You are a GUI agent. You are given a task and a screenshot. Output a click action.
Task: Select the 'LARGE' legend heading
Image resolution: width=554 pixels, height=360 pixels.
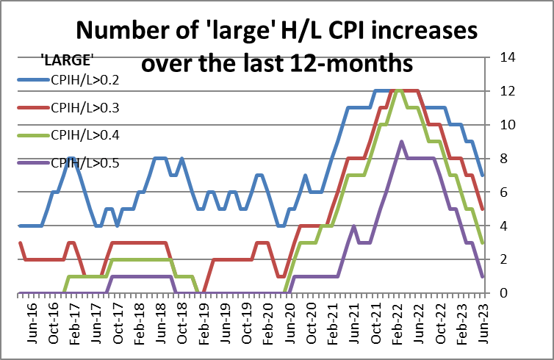pos(66,59)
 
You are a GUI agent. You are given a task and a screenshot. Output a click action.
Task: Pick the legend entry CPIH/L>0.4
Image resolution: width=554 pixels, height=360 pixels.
pos(84,135)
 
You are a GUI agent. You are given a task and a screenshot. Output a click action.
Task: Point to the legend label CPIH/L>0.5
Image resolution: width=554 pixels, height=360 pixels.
pos(84,162)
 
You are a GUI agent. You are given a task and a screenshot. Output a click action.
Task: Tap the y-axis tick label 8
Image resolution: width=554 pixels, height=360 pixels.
pos(503,159)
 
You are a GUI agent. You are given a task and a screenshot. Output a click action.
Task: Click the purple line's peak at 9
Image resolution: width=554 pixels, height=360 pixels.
pos(401,142)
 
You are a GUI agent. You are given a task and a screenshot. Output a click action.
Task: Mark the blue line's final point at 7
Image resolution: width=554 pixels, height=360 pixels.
pos(482,176)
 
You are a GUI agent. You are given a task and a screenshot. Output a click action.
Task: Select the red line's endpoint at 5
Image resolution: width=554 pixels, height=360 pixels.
pos(482,209)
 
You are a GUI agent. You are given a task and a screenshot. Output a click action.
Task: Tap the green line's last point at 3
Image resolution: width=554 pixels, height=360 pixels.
pos(482,242)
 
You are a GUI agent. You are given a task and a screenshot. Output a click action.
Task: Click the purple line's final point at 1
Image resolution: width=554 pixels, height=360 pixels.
pos(482,276)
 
